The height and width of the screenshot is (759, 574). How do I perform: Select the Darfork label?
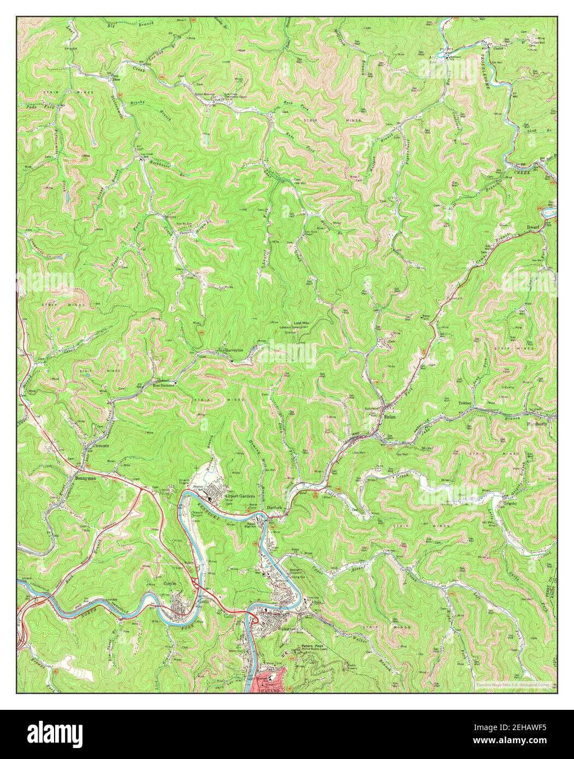point(274,508)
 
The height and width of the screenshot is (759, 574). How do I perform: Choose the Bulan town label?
point(389,416)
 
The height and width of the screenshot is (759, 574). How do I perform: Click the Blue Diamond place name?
point(164,384)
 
